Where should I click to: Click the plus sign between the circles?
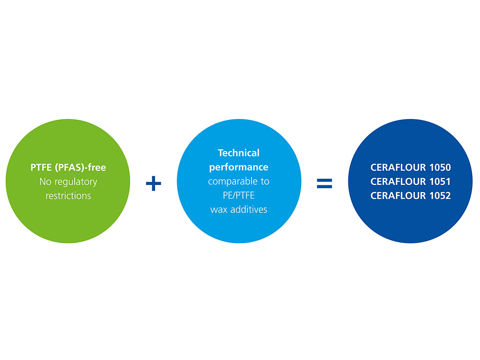[153, 183]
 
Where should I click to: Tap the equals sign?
[325, 183]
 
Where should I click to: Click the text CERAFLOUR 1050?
[410, 167]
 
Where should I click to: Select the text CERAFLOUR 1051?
[410, 182]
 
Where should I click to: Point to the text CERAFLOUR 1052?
[410, 196]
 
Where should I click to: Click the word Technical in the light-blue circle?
[238, 153]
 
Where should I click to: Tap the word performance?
[238, 167]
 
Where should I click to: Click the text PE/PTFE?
[238, 196]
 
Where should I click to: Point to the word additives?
[248, 210]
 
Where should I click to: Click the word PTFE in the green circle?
[40, 167]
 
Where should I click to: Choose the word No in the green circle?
[45, 181]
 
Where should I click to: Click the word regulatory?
[75, 182]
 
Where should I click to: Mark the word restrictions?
[68, 196]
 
